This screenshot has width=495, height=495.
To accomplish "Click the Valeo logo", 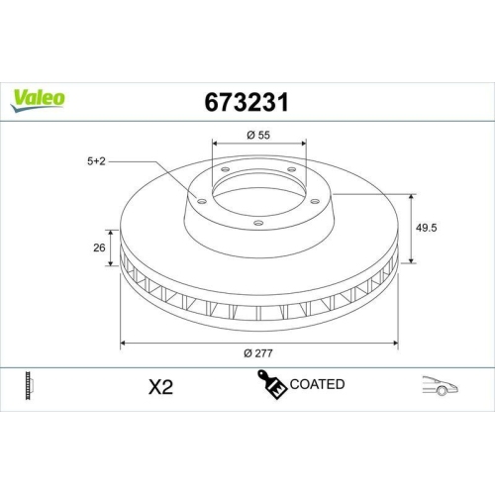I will click(39, 97).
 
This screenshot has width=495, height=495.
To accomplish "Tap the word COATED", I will click(317, 384).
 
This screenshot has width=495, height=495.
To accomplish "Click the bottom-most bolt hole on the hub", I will click(257, 223).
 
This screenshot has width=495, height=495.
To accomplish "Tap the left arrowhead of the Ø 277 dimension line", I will click(122, 344).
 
